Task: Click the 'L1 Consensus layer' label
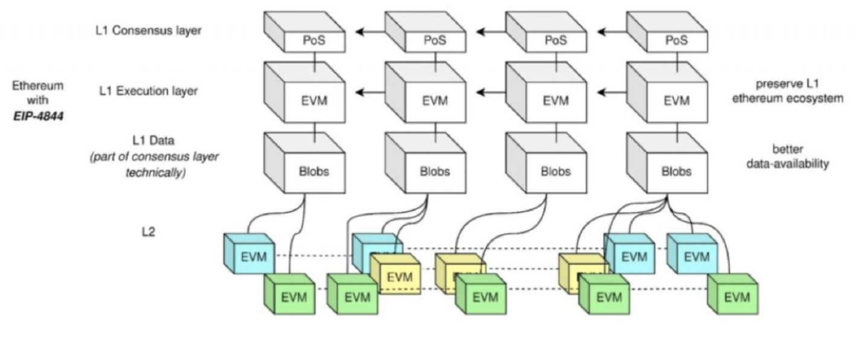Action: click(x=149, y=31)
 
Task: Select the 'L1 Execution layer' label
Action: click(x=149, y=91)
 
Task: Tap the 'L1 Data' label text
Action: click(x=153, y=141)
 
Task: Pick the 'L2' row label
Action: click(x=148, y=231)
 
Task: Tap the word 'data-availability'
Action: click(x=787, y=164)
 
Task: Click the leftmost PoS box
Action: click(x=314, y=40)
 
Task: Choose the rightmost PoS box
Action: click(x=676, y=40)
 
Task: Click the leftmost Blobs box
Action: click(x=314, y=171)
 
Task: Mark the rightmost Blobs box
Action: click(x=676, y=171)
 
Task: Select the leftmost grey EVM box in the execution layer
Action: click(x=314, y=101)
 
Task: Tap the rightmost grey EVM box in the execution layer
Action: click(x=676, y=101)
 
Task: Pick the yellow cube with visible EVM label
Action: click(x=399, y=277)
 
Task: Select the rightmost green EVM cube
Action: click(x=736, y=297)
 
